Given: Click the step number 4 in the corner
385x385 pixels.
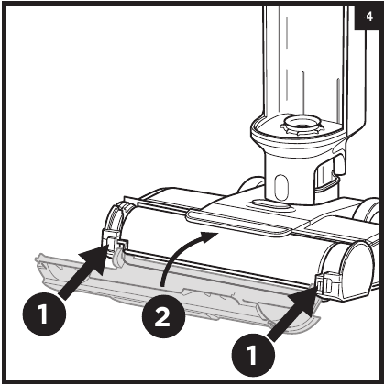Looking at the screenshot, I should (367, 16).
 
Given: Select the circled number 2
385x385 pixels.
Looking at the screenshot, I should (161, 321).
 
